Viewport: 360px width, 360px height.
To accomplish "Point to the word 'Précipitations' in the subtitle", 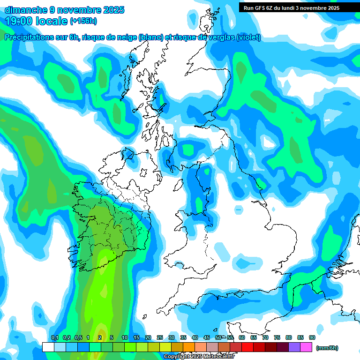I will (x=28, y=37).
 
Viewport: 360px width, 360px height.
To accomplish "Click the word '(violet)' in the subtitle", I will (x=248, y=37).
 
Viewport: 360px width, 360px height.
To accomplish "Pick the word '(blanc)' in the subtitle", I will (x=150, y=37).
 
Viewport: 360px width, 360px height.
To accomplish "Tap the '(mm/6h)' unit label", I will (x=327, y=348).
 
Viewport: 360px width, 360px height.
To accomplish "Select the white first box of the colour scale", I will (x=48, y=347).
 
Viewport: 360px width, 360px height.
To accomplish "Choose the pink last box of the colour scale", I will (x=306, y=347).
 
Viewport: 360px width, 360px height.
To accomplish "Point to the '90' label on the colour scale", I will (x=312, y=337).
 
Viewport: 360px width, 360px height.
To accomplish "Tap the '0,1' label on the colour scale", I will (x=54, y=337).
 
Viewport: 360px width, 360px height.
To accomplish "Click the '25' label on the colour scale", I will (x=159, y=337).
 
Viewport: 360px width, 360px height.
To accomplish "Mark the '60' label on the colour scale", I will (x=241, y=337).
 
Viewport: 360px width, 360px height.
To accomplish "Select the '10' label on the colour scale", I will (x=125, y=337).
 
